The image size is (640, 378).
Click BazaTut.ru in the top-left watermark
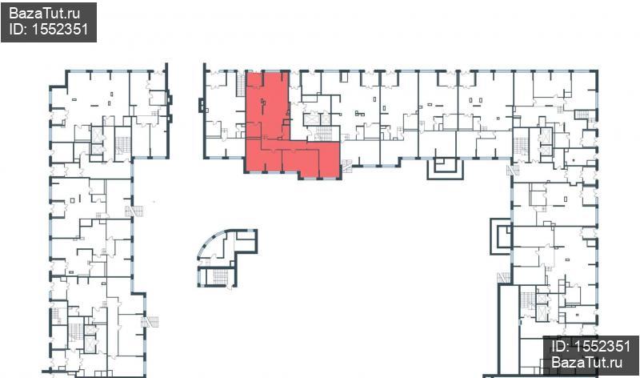[45, 14]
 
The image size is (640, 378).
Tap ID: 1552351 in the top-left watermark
[49, 29]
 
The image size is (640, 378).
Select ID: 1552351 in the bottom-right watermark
[590, 347]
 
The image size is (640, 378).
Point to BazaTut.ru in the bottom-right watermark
[587, 362]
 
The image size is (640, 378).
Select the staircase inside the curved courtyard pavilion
[221, 276]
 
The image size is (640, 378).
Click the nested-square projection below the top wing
[446, 168]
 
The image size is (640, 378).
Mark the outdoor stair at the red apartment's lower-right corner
[347, 167]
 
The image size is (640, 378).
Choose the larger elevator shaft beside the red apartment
[311, 119]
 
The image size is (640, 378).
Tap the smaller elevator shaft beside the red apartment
[326, 119]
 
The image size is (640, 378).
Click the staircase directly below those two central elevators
[324, 134]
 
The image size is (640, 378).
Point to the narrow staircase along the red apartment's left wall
[241, 84]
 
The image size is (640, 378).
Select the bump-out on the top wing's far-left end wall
[201, 105]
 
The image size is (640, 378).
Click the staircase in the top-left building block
[123, 145]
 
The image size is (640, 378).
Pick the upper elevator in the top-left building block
[97, 135]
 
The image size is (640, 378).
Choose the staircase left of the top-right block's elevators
[521, 146]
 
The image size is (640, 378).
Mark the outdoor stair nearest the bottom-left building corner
[150, 322]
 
